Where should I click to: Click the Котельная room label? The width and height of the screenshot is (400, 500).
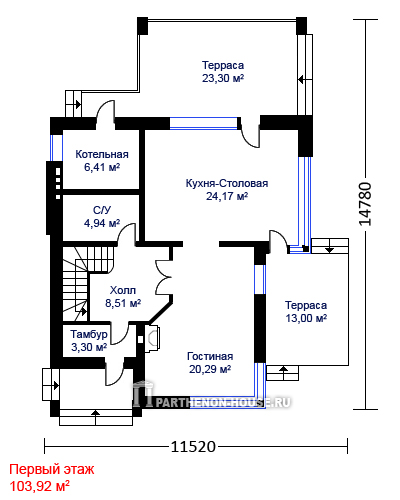tap(102, 154)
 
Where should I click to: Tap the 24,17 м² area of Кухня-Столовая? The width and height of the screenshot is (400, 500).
tap(227, 196)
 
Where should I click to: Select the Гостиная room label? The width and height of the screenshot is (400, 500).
tap(210, 356)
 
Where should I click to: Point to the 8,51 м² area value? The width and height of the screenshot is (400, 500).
tap(123, 303)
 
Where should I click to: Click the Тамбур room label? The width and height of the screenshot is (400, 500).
tap(89, 334)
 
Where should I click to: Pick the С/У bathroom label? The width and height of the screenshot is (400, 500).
tap(102, 210)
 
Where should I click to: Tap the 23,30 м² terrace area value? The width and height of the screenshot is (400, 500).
tap(223, 78)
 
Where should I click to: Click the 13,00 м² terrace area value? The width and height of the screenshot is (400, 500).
tap(306, 318)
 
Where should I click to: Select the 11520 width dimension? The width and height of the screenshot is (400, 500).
tap(193, 446)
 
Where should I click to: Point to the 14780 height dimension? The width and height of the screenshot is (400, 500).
tap(365, 204)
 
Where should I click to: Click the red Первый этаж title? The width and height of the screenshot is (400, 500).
tap(52, 469)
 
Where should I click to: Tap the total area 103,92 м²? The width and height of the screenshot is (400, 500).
tap(39, 486)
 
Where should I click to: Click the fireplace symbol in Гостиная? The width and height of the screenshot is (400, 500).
tap(152, 337)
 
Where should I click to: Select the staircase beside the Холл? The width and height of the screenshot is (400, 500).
tap(76, 283)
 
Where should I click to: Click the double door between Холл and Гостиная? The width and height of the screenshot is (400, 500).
tap(164, 277)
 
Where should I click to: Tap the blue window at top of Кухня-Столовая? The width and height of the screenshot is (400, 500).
tap(204, 123)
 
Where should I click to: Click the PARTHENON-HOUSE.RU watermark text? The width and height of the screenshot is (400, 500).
tap(223, 402)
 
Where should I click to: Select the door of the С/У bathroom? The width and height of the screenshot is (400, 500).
tap(127, 235)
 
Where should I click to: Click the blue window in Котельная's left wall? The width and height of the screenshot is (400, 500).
tap(56, 148)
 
